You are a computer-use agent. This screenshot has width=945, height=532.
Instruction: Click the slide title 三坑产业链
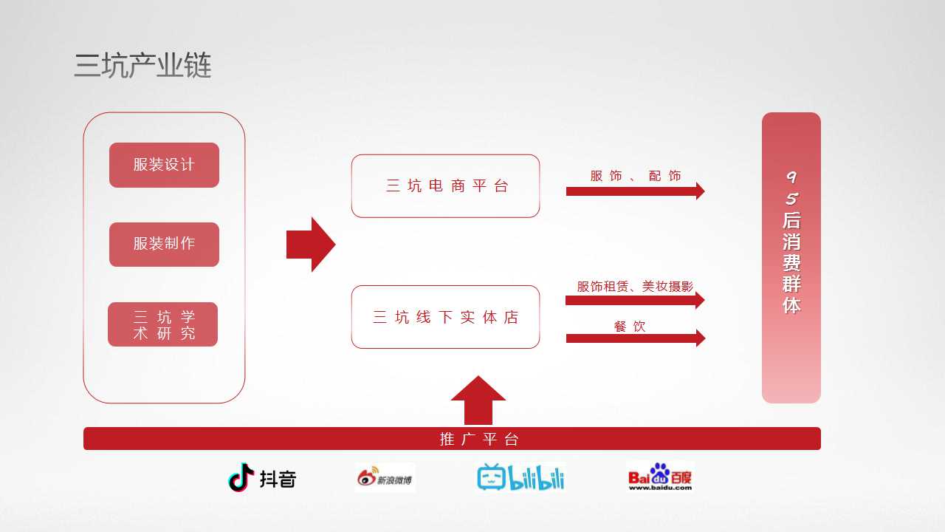click(x=142, y=66)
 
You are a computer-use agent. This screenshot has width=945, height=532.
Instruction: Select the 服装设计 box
click(x=164, y=165)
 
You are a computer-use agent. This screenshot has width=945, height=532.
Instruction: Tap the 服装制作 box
click(x=164, y=245)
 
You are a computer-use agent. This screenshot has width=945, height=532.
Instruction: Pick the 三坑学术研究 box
click(x=163, y=324)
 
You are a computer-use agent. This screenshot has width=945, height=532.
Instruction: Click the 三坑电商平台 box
click(x=445, y=186)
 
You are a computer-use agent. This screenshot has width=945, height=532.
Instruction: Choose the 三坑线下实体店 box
click(x=445, y=317)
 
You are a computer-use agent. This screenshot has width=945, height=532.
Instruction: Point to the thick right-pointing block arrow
click(x=311, y=245)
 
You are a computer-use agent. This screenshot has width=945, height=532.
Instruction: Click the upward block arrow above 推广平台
click(x=478, y=400)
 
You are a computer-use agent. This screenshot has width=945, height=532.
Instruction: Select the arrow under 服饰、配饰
click(x=636, y=191)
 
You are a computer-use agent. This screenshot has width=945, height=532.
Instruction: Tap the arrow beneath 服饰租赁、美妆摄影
click(x=635, y=300)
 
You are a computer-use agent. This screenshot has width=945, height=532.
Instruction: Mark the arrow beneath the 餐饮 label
click(x=636, y=338)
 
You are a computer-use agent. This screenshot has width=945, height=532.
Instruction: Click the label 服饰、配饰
click(x=636, y=176)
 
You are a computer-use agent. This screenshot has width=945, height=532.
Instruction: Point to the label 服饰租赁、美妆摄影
click(x=635, y=287)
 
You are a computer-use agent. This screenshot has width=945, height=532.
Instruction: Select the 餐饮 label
click(x=630, y=327)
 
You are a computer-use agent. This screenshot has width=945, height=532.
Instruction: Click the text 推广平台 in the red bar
click(x=479, y=439)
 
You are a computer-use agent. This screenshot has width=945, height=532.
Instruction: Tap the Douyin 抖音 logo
click(x=262, y=478)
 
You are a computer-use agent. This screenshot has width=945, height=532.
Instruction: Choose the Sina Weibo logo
click(x=385, y=477)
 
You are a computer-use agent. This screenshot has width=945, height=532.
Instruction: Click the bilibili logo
click(x=520, y=477)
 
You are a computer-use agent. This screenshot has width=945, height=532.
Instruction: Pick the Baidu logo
click(x=660, y=477)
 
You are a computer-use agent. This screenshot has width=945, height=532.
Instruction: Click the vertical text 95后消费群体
click(x=791, y=242)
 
